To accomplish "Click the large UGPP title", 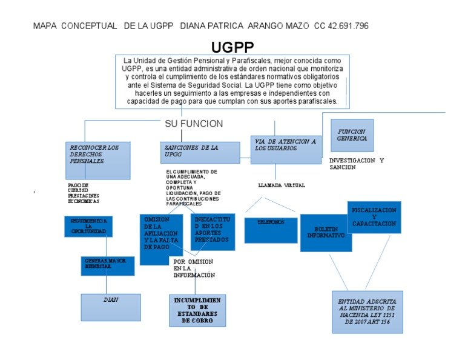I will tap(232, 47).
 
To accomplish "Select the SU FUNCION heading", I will tap(194, 124).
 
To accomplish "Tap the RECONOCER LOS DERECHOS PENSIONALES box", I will tap(97, 160).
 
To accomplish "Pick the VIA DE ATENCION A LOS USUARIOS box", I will tap(286, 150).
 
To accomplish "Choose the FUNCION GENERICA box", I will tap(352, 135).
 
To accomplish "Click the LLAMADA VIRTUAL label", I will tap(281, 185).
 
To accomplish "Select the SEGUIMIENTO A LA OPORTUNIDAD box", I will tap(88, 225).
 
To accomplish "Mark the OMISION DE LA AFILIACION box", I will tap(161, 239).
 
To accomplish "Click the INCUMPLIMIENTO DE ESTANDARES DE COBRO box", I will tap(197, 310).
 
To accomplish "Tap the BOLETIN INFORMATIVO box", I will tap(326, 232).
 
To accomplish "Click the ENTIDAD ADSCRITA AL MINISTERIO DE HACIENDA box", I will tap(367, 312).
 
